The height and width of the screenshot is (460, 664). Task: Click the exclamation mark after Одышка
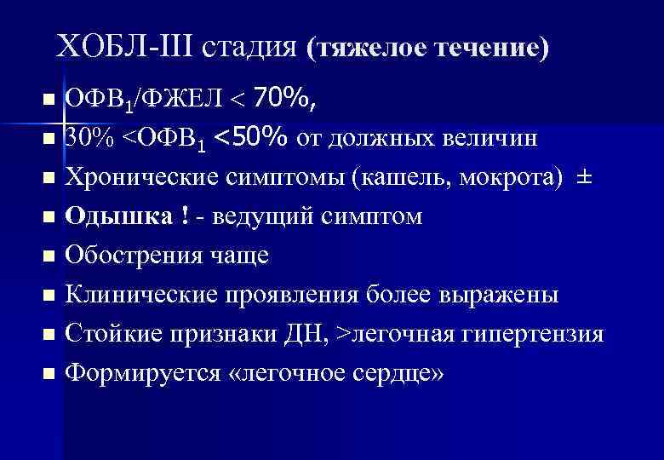tap(186, 216)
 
